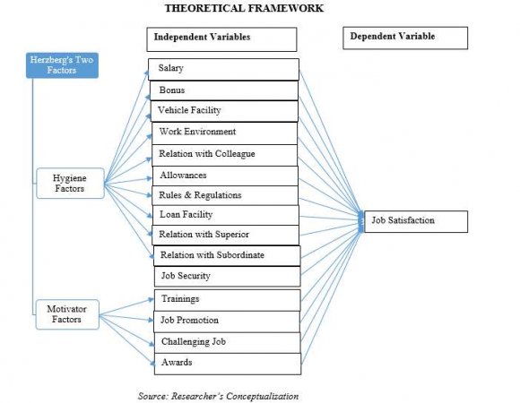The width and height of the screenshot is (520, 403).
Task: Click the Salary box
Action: click(223, 69)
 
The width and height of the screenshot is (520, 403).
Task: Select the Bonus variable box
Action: click(223, 90)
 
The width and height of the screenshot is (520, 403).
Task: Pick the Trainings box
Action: click(224, 299)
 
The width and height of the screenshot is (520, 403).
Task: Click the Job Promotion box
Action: click(224, 321)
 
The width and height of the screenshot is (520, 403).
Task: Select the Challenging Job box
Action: click(224, 342)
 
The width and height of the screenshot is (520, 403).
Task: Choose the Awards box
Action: click(224, 364)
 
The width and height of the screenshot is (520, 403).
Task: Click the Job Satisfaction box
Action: click(415, 221)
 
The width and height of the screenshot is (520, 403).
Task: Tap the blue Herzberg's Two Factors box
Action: click(62, 65)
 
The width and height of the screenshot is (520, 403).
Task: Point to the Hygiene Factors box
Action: click(70, 184)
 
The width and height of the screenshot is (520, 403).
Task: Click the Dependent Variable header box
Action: click(406, 38)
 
